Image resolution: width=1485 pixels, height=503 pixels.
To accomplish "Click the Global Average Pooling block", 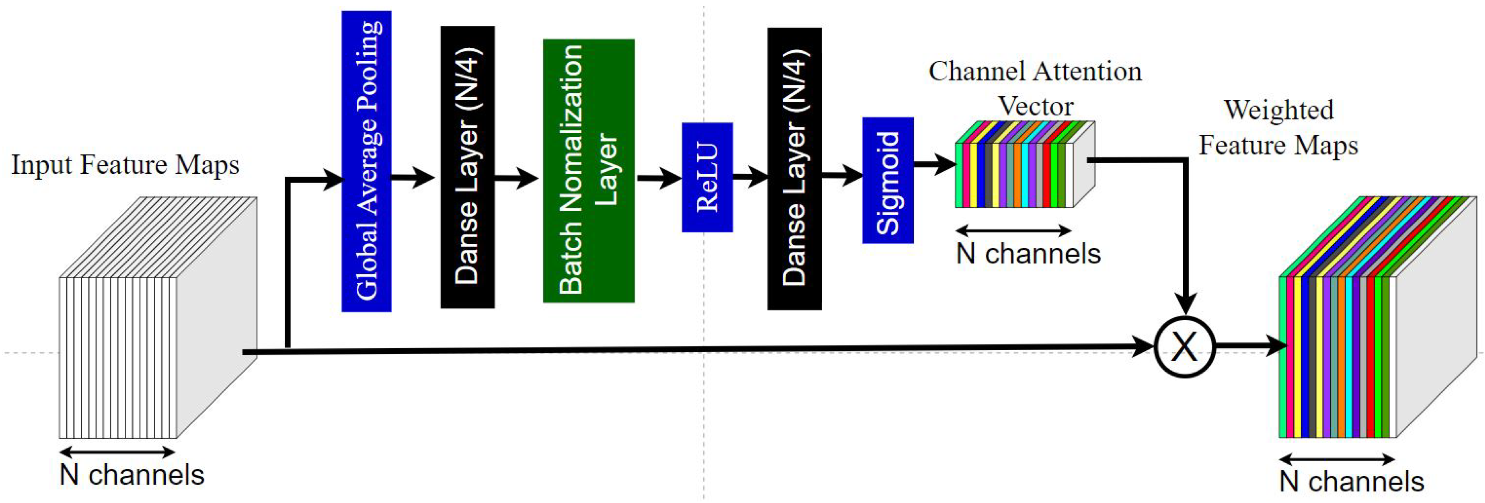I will click(366, 161).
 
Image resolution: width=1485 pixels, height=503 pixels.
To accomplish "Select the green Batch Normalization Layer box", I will click(588, 171).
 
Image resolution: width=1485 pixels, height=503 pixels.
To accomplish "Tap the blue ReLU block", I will click(707, 177).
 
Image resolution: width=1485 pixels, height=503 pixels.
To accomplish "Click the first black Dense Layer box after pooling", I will click(467, 167).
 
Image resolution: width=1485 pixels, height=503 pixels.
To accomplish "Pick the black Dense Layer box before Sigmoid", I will click(794, 169).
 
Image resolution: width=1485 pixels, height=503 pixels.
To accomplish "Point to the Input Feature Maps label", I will click(125, 165).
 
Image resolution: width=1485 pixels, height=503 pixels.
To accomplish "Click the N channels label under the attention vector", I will click(1028, 254).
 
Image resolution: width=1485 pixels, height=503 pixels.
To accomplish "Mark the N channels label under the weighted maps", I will click(1351, 482).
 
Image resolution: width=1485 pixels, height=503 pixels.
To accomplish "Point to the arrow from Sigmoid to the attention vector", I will click(934, 165).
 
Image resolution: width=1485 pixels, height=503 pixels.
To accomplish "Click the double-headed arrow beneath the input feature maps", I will click(117, 452).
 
